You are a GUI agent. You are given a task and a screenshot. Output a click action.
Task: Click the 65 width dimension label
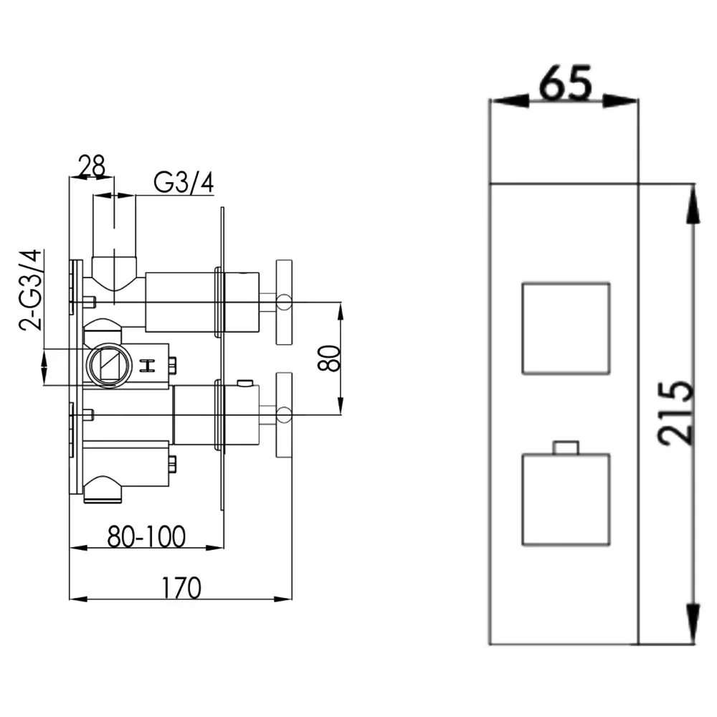[566, 82]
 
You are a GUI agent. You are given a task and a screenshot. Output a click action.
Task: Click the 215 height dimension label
[676, 413]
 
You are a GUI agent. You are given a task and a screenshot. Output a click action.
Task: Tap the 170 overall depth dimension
[181, 588]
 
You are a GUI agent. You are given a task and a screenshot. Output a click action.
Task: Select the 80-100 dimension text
[146, 537]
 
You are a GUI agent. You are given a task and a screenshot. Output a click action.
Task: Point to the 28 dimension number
[92, 166]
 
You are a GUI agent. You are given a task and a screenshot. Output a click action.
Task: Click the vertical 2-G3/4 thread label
[31, 290]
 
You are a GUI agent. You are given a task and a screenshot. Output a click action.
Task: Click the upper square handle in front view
[566, 329]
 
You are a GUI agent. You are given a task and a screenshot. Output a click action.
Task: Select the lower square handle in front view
[566, 499]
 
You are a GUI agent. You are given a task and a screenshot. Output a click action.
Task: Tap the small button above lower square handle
[566, 447]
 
